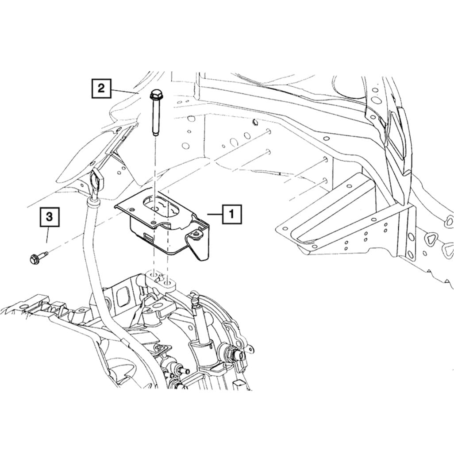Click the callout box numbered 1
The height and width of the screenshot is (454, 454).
click(231, 214)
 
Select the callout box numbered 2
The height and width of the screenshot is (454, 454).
click(101, 88)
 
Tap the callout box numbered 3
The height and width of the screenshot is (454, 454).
click(50, 217)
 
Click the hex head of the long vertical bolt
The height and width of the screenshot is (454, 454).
click(156, 94)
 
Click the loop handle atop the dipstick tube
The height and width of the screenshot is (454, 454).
click(96, 182)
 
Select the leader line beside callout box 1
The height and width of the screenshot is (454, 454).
click(215, 214)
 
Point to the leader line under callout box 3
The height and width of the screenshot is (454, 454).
click(48, 235)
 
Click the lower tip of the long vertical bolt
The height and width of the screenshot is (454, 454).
click(155, 134)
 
